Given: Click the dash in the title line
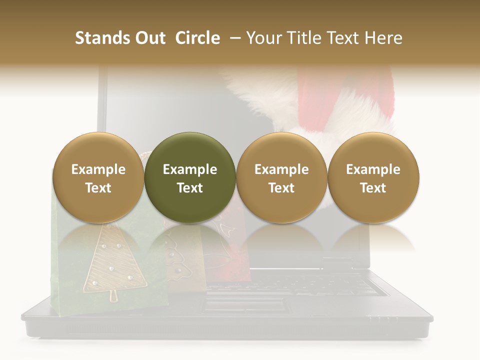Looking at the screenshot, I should [235, 38].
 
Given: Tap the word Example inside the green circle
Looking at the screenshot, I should [190, 169].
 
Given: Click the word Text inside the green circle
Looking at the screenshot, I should [190, 188].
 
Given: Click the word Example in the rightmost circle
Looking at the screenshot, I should [373, 169].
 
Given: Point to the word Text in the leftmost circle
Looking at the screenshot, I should [98, 188].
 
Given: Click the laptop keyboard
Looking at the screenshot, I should [295, 285].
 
